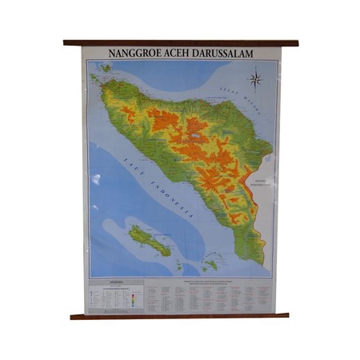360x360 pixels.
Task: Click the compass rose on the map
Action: [256, 78]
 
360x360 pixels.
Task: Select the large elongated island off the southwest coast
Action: [150, 240]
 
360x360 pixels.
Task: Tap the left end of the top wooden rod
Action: [66, 42]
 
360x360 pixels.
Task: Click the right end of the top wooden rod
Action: [295, 42]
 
